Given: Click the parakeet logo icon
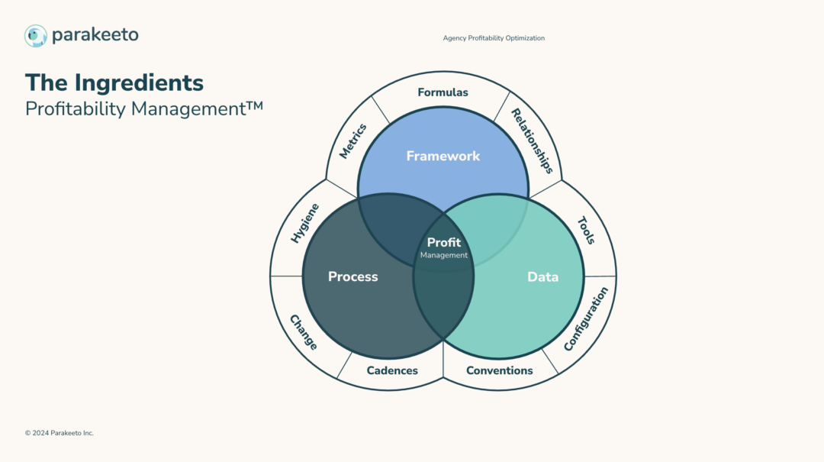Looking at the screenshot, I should [x=36, y=35].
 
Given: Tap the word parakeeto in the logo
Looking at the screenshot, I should [x=95, y=35].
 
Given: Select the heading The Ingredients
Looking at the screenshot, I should [x=114, y=82].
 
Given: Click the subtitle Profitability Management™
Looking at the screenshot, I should [x=144, y=108].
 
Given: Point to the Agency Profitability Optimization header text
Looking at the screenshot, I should [x=494, y=38].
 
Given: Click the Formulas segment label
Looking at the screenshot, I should [x=443, y=92].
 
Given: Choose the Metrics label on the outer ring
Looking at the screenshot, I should [x=353, y=141].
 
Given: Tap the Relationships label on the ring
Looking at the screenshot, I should [x=532, y=140].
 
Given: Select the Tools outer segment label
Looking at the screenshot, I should [x=586, y=230].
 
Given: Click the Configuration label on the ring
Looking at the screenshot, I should [x=586, y=319].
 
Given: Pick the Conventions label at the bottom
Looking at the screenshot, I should [x=500, y=370].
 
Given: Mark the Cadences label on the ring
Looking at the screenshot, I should [x=392, y=370].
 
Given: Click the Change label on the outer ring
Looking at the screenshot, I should [x=303, y=332].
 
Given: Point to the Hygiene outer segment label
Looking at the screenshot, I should [x=305, y=223].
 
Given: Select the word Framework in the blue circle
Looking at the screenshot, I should [x=443, y=156].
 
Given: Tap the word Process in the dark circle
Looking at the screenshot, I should [x=353, y=276].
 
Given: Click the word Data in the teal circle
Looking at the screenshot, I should [x=543, y=276].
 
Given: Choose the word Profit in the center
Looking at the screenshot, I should [x=444, y=243].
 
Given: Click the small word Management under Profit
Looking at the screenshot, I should [x=444, y=256].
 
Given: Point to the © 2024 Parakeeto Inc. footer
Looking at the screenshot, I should [x=60, y=433].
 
